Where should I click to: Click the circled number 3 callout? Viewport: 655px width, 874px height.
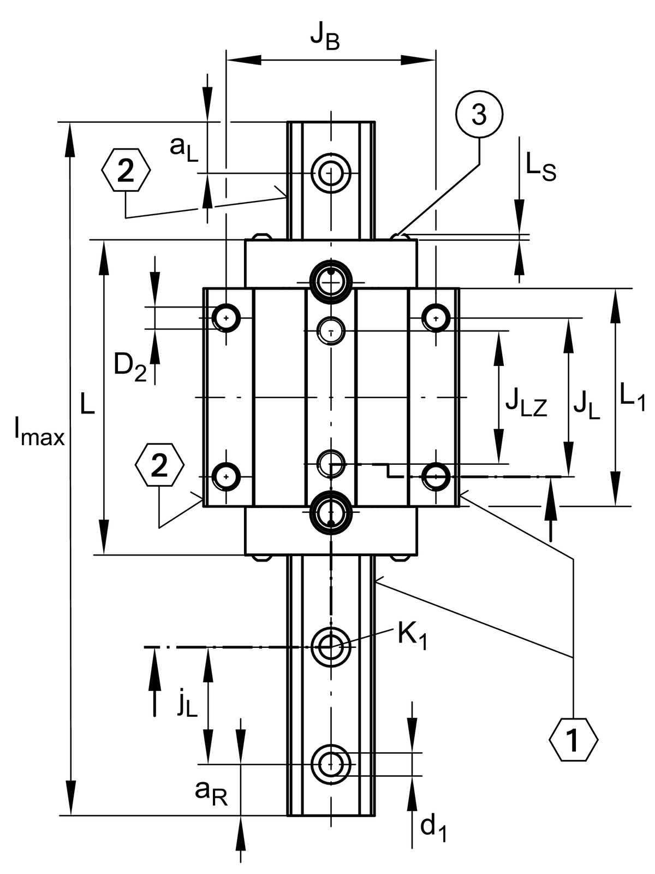pyautogui.click(x=479, y=115)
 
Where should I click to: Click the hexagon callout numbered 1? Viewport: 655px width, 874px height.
pyautogui.click(x=573, y=741)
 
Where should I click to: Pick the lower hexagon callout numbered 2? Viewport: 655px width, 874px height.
pyautogui.click(x=159, y=465)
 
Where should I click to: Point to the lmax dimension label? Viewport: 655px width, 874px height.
pyautogui.click(x=39, y=432)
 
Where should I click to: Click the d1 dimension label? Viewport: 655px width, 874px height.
pyautogui.click(x=433, y=828)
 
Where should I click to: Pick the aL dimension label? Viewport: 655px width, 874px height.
pyautogui.click(x=183, y=148)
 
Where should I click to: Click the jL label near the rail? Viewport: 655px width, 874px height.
pyautogui.click(x=187, y=705)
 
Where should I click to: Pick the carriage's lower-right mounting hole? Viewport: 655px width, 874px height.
pyautogui.click(x=435, y=476)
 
